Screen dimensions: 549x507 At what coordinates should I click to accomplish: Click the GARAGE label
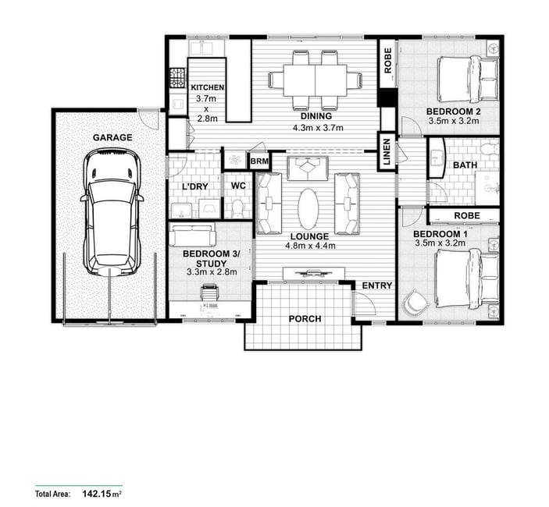(112, 137)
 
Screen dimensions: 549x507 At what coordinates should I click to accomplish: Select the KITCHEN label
(207, 87)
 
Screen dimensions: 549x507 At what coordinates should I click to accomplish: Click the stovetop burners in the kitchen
(177, 78)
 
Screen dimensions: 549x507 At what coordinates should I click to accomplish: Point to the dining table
(315, 80)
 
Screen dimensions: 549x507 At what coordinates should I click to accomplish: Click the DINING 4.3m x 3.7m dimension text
(318, 128)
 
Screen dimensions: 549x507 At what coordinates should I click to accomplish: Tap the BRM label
(259, 161)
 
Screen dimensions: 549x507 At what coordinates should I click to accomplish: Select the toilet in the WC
(237, 208)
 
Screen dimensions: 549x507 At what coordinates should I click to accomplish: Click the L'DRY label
(195, 186)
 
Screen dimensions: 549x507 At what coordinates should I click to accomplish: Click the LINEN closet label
(387, 152)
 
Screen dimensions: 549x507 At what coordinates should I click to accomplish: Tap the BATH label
(465, 165)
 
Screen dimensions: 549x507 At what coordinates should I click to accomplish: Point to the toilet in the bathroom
(490, 149)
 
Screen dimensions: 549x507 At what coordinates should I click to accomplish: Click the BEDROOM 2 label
(454, 112)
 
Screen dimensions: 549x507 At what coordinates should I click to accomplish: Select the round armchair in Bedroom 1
(415, 301)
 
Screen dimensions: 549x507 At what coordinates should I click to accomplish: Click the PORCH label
(305, 319)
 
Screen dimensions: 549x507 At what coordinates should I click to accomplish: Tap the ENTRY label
(376, 285)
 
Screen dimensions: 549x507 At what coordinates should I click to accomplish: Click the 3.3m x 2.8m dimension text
(212, 271)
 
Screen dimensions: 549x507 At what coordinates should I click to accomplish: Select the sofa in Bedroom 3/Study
(192, 235)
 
